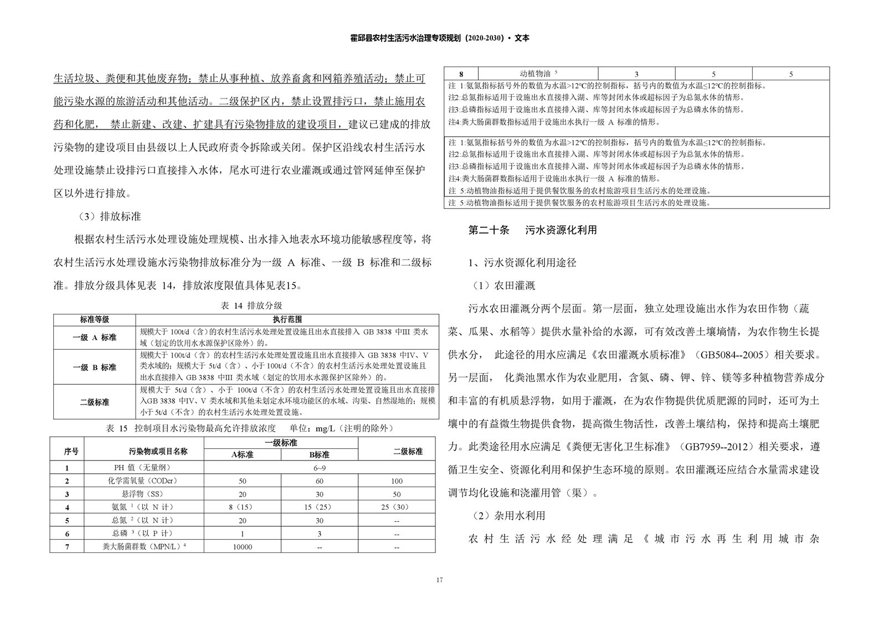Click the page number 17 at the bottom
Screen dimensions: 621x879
(439, 580)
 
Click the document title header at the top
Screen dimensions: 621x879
(440, 38)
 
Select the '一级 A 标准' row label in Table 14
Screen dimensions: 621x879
(94, 337)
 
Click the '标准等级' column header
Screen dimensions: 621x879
(94, 319)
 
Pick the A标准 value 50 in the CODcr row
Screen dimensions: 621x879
(243, 481)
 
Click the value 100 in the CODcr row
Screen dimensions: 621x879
(397, 481)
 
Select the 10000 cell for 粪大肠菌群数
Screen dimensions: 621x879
(243, 547)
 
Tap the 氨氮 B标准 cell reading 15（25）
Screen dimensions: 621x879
(320, 507)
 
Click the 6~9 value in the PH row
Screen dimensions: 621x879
(320, 468)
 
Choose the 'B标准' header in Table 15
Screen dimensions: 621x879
(320, 454)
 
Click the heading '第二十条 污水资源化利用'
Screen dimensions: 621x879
(532, 230)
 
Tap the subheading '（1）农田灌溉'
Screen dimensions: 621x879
(503, 286)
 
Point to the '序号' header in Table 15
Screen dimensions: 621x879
(71, 451)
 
